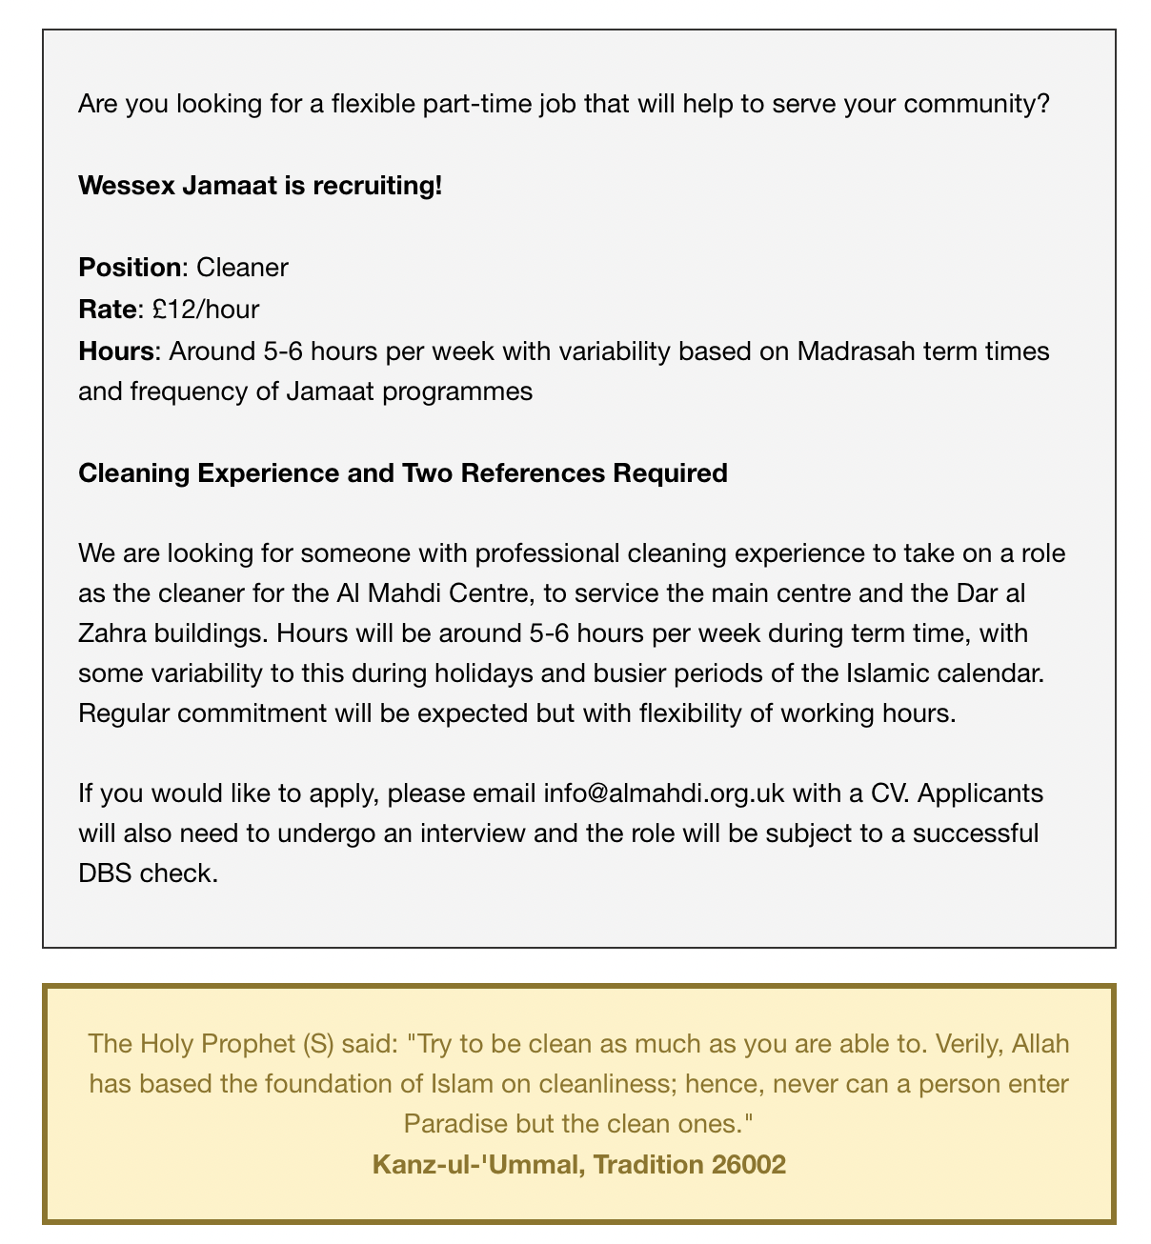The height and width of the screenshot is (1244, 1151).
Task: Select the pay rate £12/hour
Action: (x=205, y=309)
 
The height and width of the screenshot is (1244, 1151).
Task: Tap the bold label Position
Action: (x=129, y=267)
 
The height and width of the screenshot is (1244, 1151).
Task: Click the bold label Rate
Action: (x=107, y=309)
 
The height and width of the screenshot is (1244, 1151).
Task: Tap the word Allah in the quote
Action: (x=1040, y=1043)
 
